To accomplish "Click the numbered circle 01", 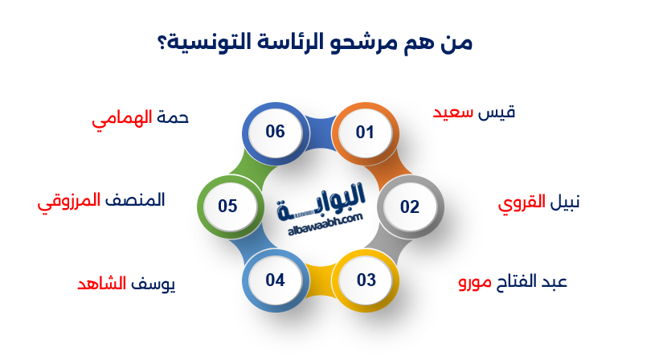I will pos(365,132).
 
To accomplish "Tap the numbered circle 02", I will pos(410,207).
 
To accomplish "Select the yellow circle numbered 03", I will pos(366,280).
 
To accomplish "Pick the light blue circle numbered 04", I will pos(276,280).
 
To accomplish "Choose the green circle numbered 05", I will pos(227,207).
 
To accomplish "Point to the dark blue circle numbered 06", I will pos(276,132).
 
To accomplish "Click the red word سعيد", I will pos(452,112).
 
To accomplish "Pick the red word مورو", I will pos(475,283).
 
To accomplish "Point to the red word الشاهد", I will pos(102,284).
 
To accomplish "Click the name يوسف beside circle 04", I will pos(153,284).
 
